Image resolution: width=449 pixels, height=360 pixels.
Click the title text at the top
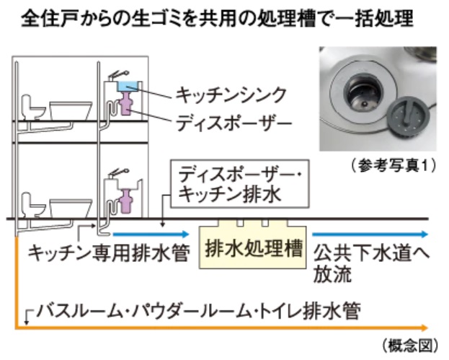pos(218,19)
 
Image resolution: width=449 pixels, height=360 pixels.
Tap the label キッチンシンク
pos(231,95)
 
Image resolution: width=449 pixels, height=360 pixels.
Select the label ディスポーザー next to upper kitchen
pos(234,123)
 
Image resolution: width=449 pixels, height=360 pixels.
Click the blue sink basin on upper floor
pos(128,87)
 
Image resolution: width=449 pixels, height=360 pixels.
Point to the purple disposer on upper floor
pos(125,103)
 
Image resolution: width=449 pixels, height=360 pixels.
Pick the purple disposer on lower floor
pos(125,201)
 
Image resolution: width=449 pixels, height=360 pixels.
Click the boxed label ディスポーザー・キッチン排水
pos(240,184)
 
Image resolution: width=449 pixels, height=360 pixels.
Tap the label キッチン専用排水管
pos(109,253)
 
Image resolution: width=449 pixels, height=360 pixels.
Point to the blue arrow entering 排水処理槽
pos(151,234)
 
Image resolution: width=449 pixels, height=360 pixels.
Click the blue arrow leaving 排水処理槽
pos(370,234)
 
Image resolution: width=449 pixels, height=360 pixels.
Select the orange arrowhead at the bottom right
pos(424,328)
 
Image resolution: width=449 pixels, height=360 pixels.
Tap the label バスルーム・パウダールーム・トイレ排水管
pos(198,311)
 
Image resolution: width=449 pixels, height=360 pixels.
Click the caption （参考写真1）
pos(394,165)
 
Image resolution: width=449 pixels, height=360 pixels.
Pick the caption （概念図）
pos(410,346)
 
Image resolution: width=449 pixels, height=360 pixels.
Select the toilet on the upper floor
pos(33,107)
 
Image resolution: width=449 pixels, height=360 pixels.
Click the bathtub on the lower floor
pos(71,208)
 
